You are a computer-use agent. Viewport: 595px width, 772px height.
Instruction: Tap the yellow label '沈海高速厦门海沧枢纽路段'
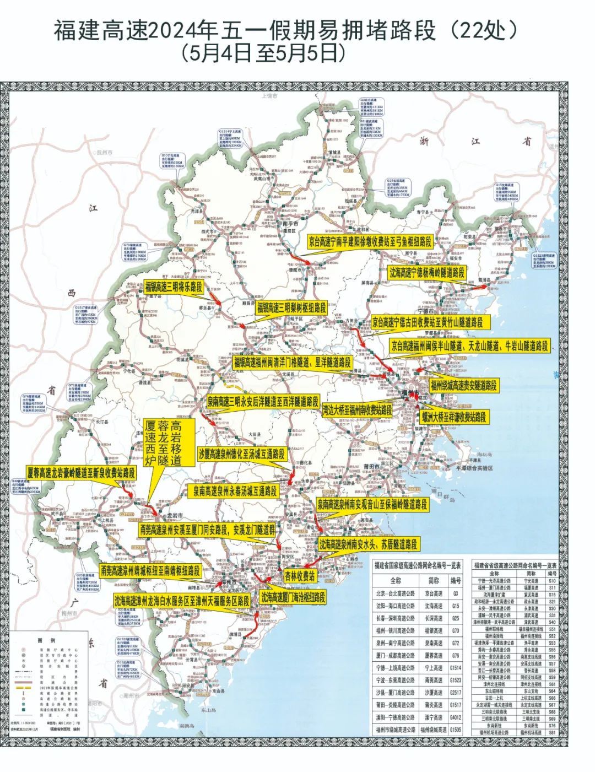click(x=293, y=597)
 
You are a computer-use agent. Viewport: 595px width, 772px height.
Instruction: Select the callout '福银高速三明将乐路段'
click(x=175, y=287)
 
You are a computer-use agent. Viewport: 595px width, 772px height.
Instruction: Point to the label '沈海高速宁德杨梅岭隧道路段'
click(x=427, y=272)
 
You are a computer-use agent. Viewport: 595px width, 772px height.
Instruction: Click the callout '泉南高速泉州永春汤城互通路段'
click(x=235, y=490)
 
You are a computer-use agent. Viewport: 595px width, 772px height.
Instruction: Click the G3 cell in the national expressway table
click(x=455, y=593)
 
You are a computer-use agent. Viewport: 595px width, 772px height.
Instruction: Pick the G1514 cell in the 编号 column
click(x=455, y=668)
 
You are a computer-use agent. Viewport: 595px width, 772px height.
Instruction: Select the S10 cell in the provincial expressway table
click(x=552, y=581)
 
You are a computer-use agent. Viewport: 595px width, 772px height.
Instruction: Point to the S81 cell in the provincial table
click(x=552, y=733)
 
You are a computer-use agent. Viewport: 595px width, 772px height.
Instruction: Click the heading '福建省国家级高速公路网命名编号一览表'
click(x=417, y=565)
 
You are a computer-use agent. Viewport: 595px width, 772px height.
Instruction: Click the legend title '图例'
click(x=43, y=641)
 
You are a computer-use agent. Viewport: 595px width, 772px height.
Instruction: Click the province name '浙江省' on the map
click(x=474, y=142)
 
